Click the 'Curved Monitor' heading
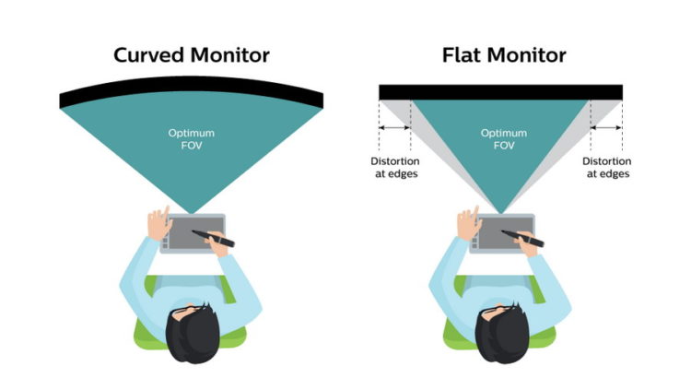tap(192, 54)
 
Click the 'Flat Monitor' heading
tap(500, 54)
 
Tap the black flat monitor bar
tap(500, 91)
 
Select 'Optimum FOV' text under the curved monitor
tap(191, 139)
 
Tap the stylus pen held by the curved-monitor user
tap(220, 242)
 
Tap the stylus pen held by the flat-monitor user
tap(529, 242)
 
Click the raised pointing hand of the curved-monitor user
tap(158, 220)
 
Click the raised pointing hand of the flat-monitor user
tap(467, 220)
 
